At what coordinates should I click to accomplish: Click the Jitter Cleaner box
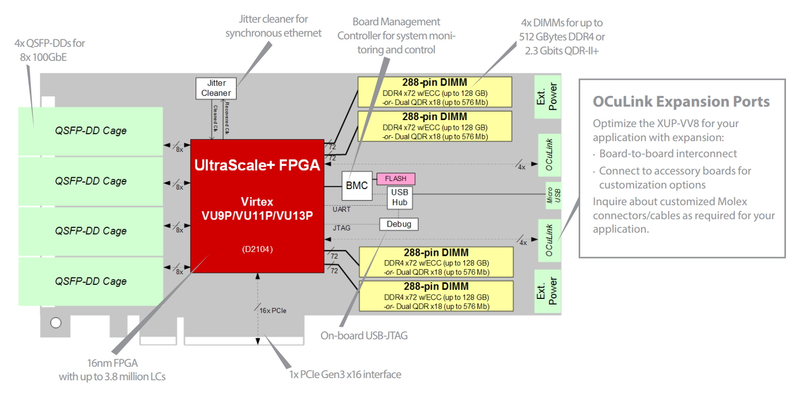click(x=215, y=88)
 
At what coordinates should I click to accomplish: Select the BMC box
click(x=357, y=186)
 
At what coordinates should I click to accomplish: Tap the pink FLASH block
click(x=395, y=178)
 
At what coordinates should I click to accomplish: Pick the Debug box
click(x=399, y=224)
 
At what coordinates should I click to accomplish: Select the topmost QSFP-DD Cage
click(x=91, y=131)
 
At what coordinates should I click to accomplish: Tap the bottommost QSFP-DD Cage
click(x=91, y=281)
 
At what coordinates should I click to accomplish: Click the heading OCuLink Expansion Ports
click(x=681, y=102)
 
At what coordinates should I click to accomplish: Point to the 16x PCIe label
click(x=273, y=311)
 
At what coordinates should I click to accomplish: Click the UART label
click(x=342, y=209)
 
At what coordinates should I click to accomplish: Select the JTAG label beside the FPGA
click(x=342, y=228)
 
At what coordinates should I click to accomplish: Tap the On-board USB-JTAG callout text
click(x=364, y=336)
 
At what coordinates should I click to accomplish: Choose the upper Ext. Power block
click(x=547, y=97)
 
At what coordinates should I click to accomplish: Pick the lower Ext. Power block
click(x=547, y=291)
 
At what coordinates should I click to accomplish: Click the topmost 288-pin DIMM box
click(x=435, y=92)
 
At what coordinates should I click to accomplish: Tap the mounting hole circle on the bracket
click(x=55, y=323)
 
